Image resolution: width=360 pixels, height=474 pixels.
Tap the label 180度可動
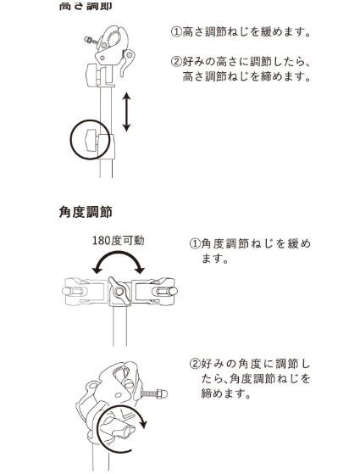tap(118, 240)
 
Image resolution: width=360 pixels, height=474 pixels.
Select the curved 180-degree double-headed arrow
tap(119, 265)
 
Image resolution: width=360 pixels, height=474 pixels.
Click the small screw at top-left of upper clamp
tap(86, 38)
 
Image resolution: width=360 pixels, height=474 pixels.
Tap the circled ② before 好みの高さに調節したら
tap(176, 62)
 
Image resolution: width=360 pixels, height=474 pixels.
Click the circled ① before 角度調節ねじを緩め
tap(194, 244)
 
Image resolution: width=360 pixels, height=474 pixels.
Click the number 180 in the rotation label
tap(102, 240)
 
